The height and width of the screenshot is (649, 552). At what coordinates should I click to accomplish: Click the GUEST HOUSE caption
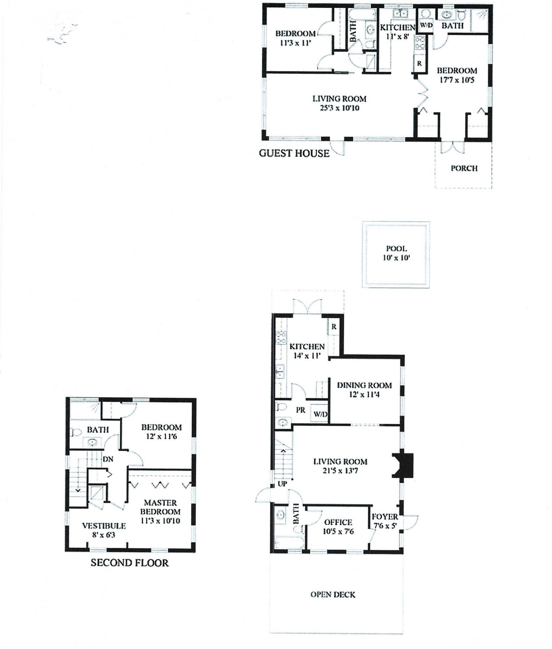pyautogui.click(x=294, y=153)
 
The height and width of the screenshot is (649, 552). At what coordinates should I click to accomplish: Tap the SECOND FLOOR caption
pyautogui.click(x=130, y=562)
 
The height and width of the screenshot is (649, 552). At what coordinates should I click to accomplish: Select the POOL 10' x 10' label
pyautogui.click(x=396, y=253)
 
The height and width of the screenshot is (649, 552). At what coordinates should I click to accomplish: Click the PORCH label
pyautogui.click(x=464, y=168)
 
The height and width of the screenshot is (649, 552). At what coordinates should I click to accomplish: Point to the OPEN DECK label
pyautogui.click(x=333, y=594)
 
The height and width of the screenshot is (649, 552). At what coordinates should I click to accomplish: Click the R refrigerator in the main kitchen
pyautogui.click(x=334, y=327)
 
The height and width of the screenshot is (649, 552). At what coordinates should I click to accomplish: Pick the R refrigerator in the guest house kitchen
pyautogui.click(x=419, y=64)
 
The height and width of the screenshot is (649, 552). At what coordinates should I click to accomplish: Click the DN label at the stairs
pyautogui.click(x=108, y=459)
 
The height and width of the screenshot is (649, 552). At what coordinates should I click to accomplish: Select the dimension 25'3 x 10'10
pyautogui.click(x=339, y=108)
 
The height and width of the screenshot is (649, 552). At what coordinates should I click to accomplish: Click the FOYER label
pyautogui.click(x=385, y=516)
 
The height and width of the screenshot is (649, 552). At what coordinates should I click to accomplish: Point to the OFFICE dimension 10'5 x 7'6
pyautogui.click(x=338, y=531)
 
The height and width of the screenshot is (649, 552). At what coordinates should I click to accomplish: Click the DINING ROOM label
pyautogui.click(x=364, y=385)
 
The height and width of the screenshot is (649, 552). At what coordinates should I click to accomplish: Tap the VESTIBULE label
pyautogui.click(x=104, y=525)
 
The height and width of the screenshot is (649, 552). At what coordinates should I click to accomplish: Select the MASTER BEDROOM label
pyautogui.click(x=160, y=507)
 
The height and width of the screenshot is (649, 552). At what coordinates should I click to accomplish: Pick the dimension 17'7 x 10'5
pyautogui.click(x=457, y=80)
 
